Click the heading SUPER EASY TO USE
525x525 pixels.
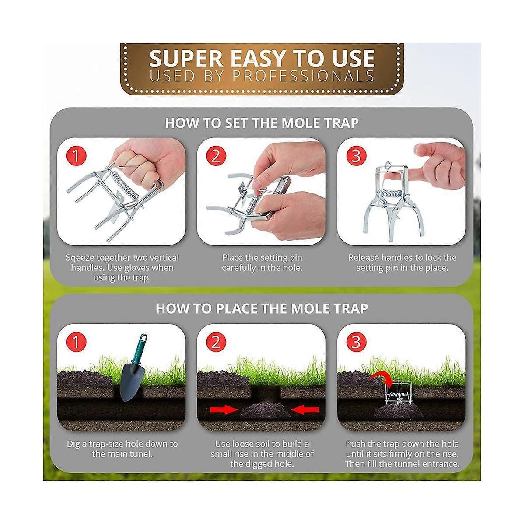(x=262, y=58)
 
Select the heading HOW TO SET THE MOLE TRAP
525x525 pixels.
(x=262, y=123)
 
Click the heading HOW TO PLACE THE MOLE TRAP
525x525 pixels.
(x=262, y=308)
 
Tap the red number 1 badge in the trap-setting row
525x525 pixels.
(x=76, y=156)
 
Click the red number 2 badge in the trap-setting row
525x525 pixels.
(x=215, y=156)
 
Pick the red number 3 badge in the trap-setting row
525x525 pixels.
(x=356, y=156)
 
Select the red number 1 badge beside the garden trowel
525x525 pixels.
(x=76, y=342)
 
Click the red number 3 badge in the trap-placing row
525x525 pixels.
(x=356, y=342)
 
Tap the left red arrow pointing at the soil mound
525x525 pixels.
(x=223, y=409)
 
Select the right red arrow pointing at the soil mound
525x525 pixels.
(x=305, y=409)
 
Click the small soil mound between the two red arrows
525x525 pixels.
(x=264, y=411)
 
